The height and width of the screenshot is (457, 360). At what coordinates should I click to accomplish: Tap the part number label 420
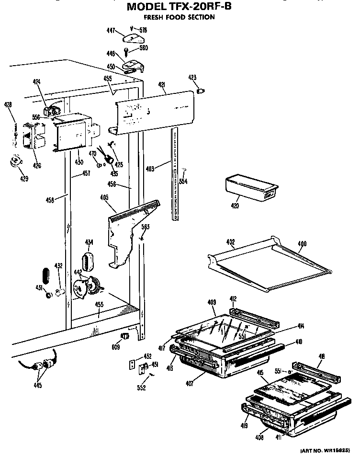coord(235,206)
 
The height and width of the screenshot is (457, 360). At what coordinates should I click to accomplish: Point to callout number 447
coord(111,30)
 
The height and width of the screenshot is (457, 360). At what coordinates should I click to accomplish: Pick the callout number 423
coord(192,78)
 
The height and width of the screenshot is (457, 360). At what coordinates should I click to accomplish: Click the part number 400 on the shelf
coord(302,244)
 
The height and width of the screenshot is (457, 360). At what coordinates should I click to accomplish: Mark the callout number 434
coord(89,242)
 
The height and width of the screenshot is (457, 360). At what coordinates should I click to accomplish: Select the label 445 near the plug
coord(37,385)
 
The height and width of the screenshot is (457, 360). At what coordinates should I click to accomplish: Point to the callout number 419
coord(244,424)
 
